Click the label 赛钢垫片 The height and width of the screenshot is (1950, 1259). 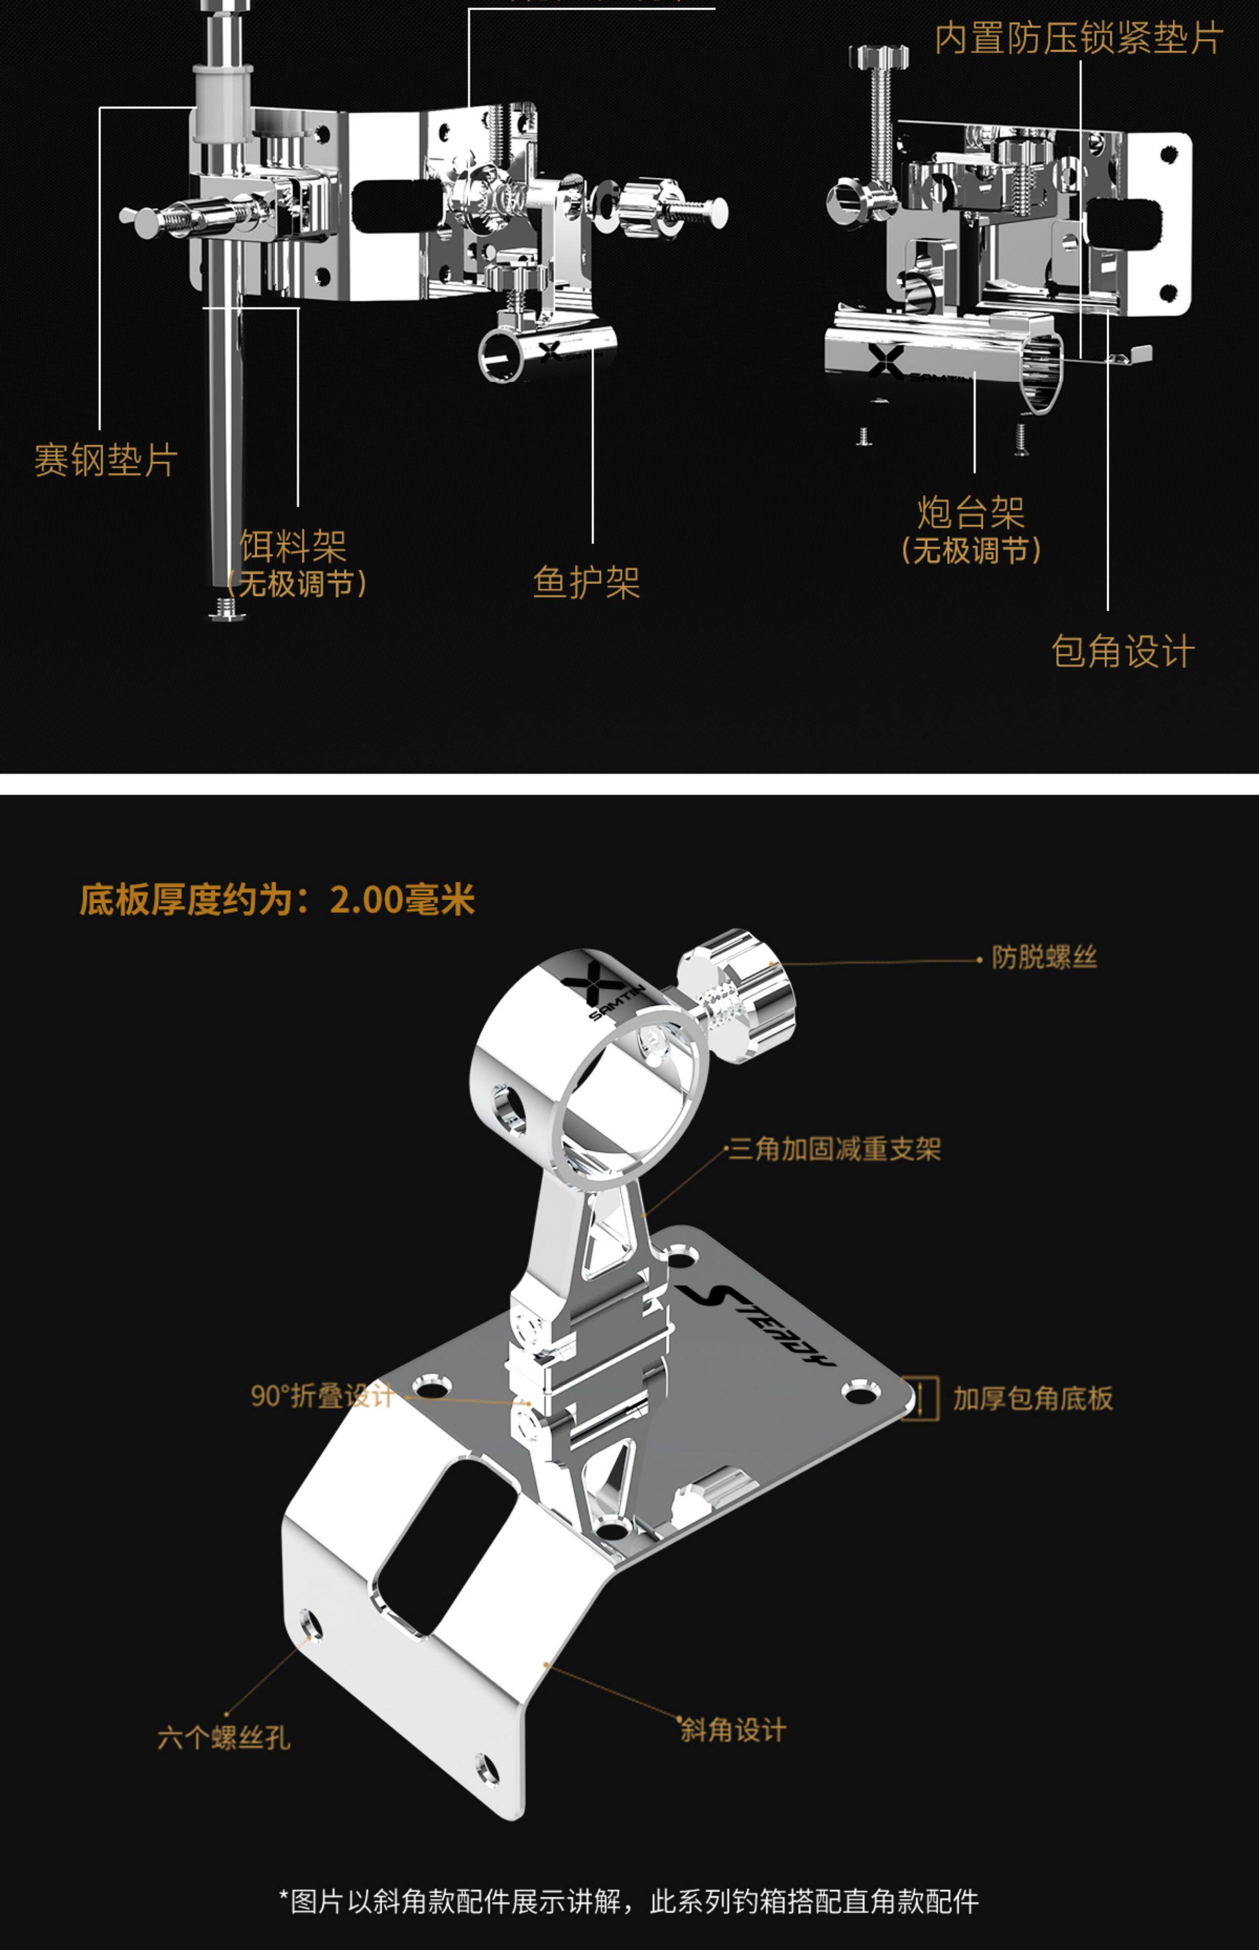click(106, 460)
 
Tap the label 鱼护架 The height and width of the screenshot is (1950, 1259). click(586, 583)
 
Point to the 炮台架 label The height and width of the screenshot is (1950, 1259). click(971, 513)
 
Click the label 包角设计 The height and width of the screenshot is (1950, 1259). click(1122, 652)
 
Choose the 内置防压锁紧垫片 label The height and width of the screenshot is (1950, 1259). click(1078, 39)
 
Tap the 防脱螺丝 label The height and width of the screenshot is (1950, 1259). click(1044, 957)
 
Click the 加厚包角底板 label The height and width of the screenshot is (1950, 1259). click(1033, 1399)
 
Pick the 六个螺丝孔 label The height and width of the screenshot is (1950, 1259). click(223, 1737)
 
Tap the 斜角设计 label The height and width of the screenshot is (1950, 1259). click(733, 1729)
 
